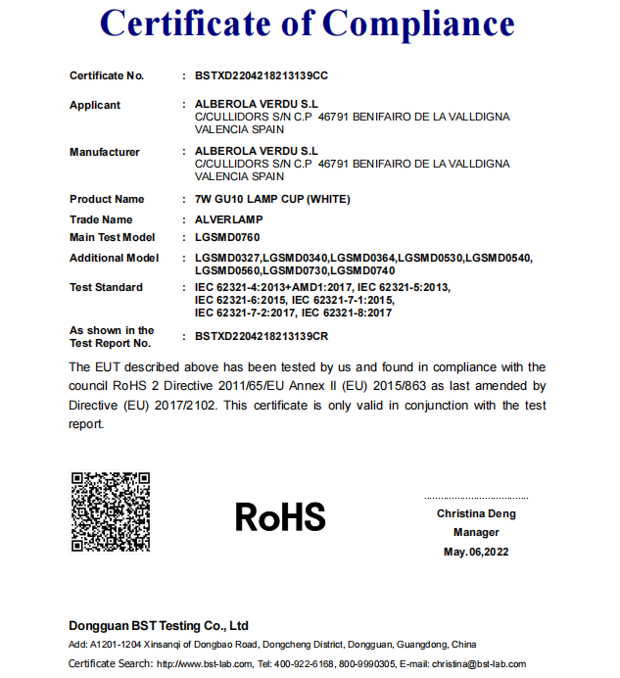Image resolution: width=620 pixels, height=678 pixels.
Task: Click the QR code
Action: click(110, 511)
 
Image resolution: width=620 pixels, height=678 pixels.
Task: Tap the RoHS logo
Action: click(280, 515)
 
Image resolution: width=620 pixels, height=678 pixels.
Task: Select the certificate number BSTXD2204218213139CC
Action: click(262, 75)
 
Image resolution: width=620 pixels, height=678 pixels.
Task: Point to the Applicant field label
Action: click(95, 105)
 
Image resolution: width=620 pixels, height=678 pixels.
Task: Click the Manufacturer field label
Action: click(104, 152)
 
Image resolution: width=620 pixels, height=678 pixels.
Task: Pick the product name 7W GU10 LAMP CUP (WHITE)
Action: click(272, 199)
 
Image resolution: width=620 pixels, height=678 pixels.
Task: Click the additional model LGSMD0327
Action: click(228, 258)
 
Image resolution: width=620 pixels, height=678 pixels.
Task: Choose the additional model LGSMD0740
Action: click(363, 269)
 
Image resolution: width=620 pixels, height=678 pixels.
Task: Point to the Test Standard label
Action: click(106, 287)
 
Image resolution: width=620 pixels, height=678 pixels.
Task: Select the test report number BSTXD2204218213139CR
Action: click(262, 336)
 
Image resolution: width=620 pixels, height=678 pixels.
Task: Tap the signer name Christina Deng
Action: click(476, 513)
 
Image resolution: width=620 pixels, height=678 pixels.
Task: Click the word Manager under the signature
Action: click(476, 532)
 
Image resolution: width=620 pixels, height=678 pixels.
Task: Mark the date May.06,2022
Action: click(476, 552)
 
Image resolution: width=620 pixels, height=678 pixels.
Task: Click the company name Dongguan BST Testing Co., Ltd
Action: click(159, 625)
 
